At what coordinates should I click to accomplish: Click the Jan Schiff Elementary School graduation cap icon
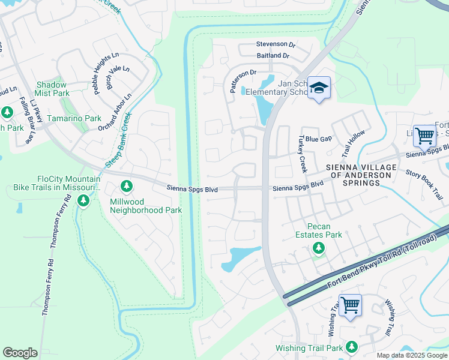click(x=319, y=88)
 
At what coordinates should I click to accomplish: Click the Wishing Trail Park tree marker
click(x=351, y=346)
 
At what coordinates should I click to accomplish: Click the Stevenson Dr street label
click(x=276, y=44)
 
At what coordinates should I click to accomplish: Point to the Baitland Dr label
click(x=273, y=56)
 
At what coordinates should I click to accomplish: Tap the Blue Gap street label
click(x=318, y=139)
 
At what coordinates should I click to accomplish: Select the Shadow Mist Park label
click(x=52, y=89)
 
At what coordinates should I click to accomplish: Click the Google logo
click(x=20, y=353)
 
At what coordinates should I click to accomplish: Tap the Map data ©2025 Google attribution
click(x=411, y=355)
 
